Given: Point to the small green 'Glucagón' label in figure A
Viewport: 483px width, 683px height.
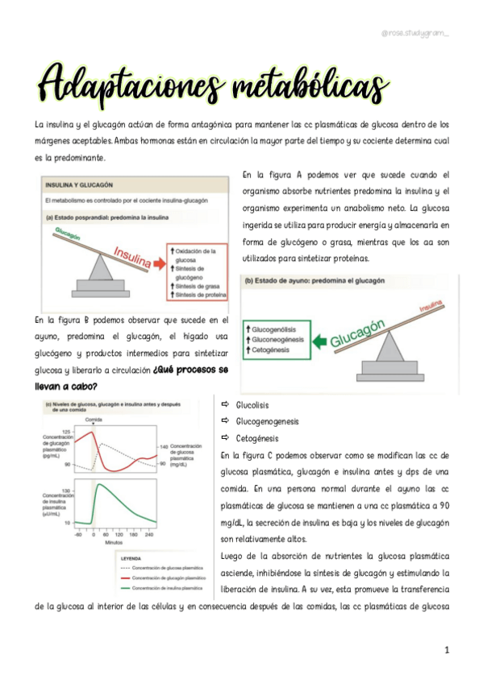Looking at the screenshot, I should tap(69, 234).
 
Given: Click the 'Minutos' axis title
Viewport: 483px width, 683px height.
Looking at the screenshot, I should tap(114, 542).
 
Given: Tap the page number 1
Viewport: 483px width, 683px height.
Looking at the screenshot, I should tap(445, 648).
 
